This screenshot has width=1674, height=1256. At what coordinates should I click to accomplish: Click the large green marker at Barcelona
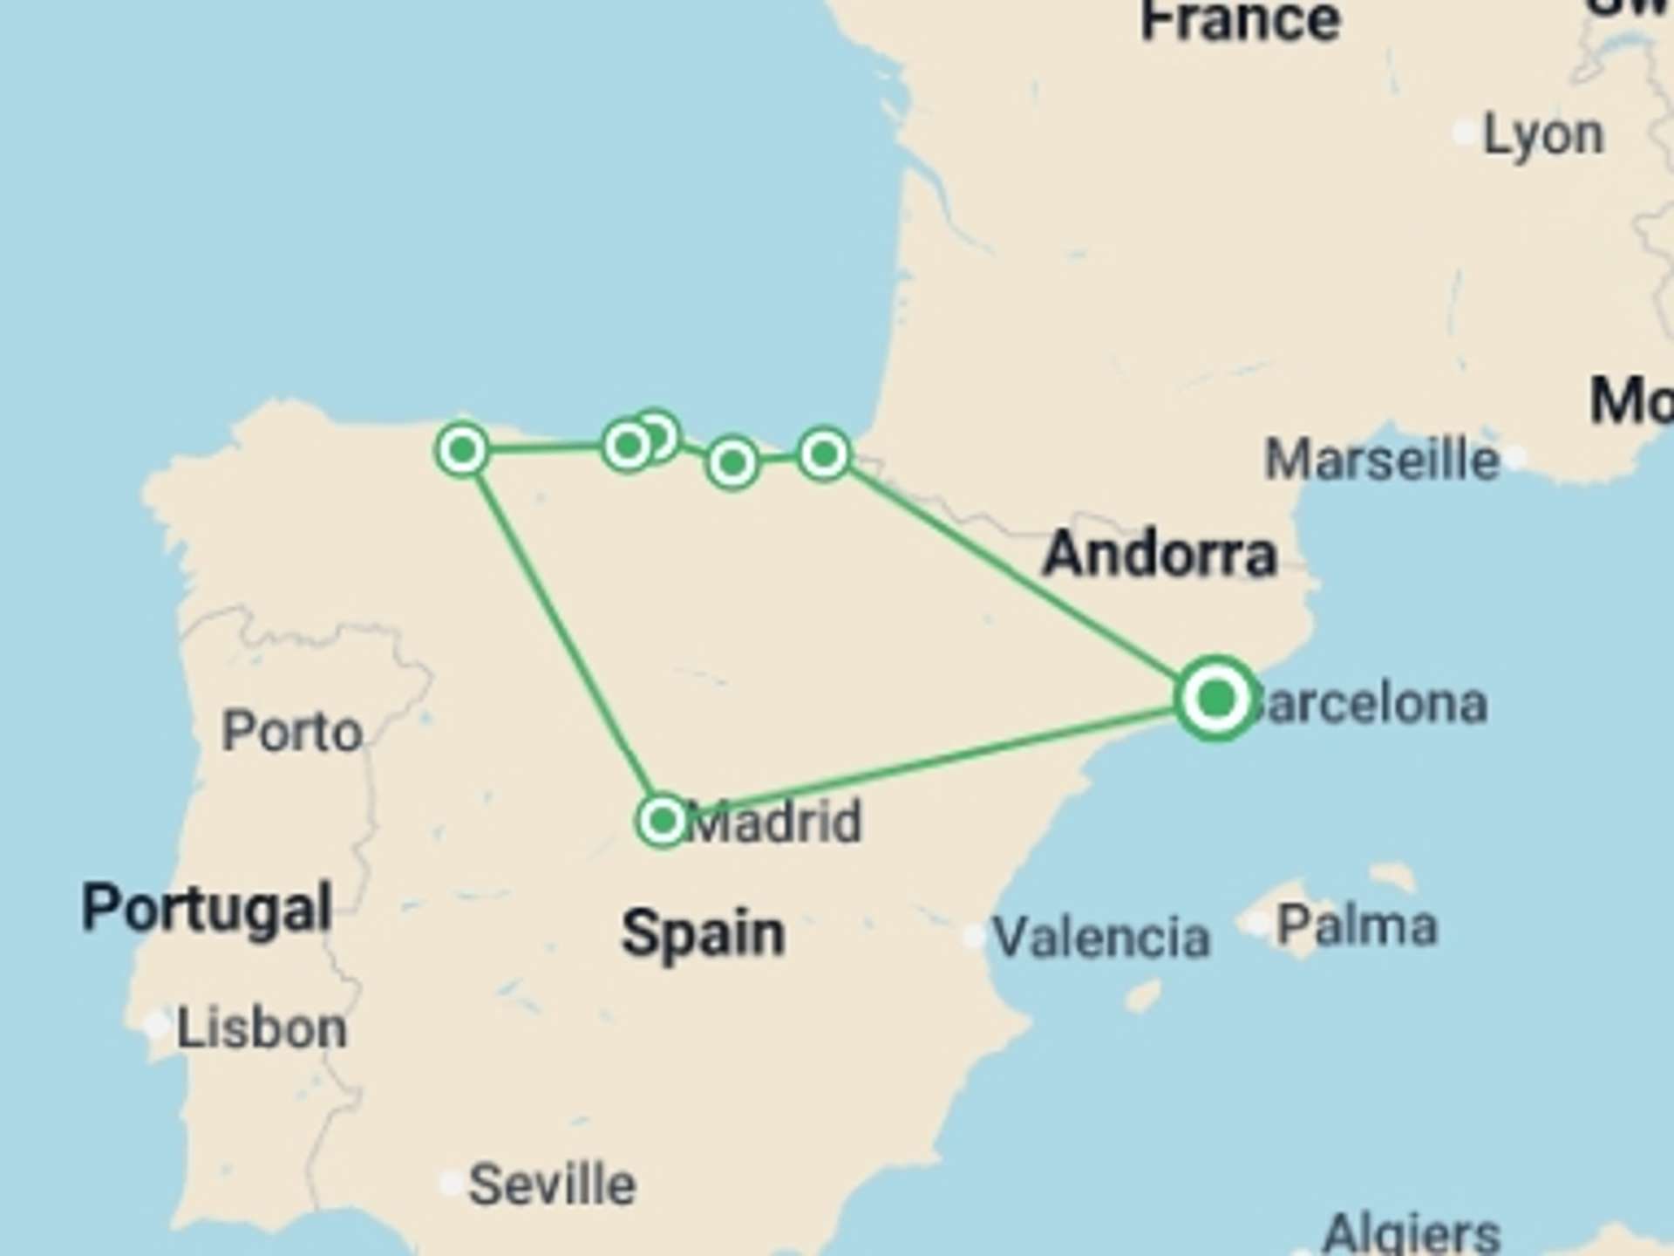point(1216,699)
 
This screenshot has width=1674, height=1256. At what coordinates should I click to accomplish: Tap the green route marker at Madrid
point(663,820)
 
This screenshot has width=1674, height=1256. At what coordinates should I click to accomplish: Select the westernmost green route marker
point(462,450)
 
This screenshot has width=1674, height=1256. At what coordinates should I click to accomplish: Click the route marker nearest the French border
point(824,454)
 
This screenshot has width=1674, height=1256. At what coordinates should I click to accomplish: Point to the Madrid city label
point(776,822)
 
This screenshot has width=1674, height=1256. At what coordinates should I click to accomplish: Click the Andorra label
point(1160,554)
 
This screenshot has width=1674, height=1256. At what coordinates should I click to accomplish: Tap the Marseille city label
point(1382,460)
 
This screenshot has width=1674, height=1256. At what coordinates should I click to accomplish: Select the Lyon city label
point(1543,135)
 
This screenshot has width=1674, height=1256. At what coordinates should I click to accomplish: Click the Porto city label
point(292,731)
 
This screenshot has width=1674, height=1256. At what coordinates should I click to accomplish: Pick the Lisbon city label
point(262,1028)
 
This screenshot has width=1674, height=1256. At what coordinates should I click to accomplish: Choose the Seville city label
point(552,1184)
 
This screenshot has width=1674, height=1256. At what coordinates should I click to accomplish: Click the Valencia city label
point(1101,938)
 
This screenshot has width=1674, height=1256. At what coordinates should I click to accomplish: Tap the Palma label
point(1357,925)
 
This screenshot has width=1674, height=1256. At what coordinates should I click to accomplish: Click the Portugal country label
point(207,908)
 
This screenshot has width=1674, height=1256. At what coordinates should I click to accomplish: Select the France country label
point(1240,21)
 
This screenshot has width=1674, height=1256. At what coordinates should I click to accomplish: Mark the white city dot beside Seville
point(451,1183)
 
